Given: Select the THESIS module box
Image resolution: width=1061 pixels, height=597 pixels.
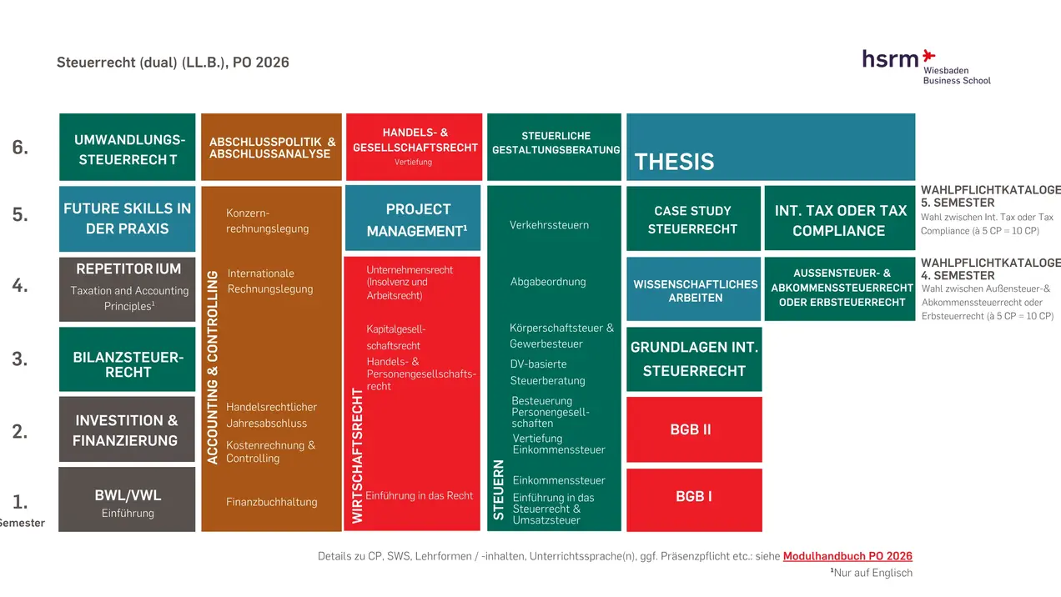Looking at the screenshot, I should (x=770, y=148).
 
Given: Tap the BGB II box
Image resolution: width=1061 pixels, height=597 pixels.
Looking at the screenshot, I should (x=693, y=429).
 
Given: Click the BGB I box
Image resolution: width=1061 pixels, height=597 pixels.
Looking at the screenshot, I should (x=693, y=499).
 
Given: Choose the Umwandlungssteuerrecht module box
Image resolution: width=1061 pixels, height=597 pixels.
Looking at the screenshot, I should (x=128, y=148).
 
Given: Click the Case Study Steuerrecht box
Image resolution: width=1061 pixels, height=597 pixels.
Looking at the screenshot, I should (x=692, y=218).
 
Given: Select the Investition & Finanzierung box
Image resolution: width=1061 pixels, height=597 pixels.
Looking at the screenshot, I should (x=127, y=429).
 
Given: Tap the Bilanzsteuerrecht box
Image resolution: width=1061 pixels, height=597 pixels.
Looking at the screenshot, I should (x=127, y=359).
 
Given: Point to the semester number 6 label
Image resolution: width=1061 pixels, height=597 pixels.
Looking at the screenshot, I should (x=20, y=148).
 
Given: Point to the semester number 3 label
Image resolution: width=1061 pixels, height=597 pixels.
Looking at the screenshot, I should (x=20, y=359).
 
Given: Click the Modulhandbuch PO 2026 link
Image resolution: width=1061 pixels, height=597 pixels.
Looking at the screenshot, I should (x=847, y=556).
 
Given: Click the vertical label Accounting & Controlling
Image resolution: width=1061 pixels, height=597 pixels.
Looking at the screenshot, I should (x=212, y=367).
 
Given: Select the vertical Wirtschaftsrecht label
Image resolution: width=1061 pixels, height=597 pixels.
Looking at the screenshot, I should (x=357, y=455).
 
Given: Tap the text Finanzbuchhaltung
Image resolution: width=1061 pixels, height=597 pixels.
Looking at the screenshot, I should (x=271, y=502).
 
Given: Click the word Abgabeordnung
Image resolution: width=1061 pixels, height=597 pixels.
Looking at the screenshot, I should (x=548, y=282).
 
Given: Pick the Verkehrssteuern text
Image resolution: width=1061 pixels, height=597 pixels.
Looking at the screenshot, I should (x=549, y=225).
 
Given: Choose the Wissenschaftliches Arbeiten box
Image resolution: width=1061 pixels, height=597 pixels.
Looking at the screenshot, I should (x=694, y=289).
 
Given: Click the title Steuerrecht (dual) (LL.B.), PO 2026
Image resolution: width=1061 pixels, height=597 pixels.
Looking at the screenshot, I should (x=173, y=63).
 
